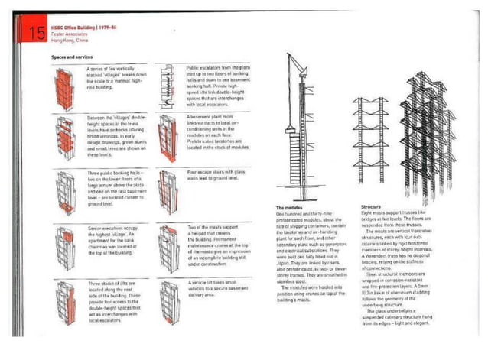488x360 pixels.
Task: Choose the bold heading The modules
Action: tap(289, 207)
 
